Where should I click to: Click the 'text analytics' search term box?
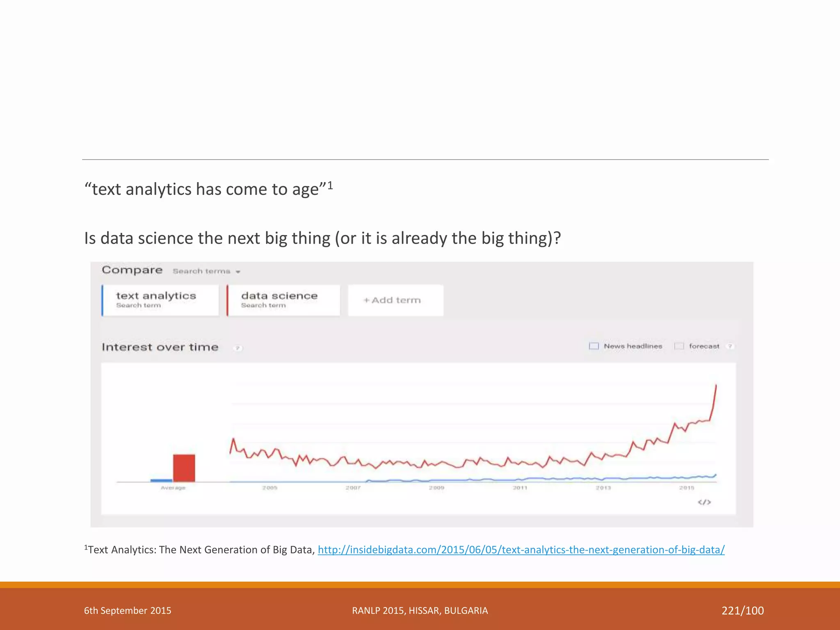160,300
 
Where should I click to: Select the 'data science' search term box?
283,300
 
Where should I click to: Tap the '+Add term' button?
395,300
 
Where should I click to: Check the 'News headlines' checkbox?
593,346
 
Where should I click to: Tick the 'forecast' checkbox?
679,346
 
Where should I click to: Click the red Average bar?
184,468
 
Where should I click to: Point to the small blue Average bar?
161,480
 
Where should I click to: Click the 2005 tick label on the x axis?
270,488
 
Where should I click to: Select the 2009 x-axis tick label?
436,488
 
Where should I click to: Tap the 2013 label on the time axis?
603,488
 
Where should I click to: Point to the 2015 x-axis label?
687,488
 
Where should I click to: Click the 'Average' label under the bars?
173,488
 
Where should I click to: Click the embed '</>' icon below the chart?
704,502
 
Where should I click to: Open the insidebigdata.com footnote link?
521,550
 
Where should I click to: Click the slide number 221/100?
742,611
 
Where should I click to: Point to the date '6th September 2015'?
128,611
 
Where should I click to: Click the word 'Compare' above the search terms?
132,270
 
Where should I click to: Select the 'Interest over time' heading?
160,347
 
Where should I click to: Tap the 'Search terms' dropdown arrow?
238,272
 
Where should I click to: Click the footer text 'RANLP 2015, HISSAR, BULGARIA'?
420,611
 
